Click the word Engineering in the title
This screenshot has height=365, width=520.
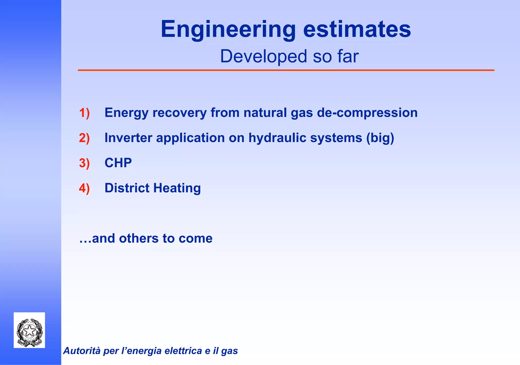pyautogui.click(x=228, y=29)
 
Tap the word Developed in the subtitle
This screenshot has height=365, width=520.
pyautogui.click(x=263, y=56)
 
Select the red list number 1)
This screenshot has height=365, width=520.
pyautogui.click(x=84, y=113)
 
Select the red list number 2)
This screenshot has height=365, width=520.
pyautogui.click(x=84, y=138)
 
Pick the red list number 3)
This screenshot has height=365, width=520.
pyautogui.click(x=84, y=163)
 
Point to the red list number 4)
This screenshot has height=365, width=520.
pyautogui.click(x=84, y=188)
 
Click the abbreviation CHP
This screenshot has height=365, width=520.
pyautogui.click(x=118, y=163)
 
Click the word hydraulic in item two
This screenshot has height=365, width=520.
pyautogui.click(x=277, y=138)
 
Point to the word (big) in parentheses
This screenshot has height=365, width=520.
pyautogui.click(x=380, y=138)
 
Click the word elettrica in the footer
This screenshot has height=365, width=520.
pyautogui.click(x=183, y=351)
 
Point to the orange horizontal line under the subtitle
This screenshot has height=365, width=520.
pyautogui.click(x=286, y=70)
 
